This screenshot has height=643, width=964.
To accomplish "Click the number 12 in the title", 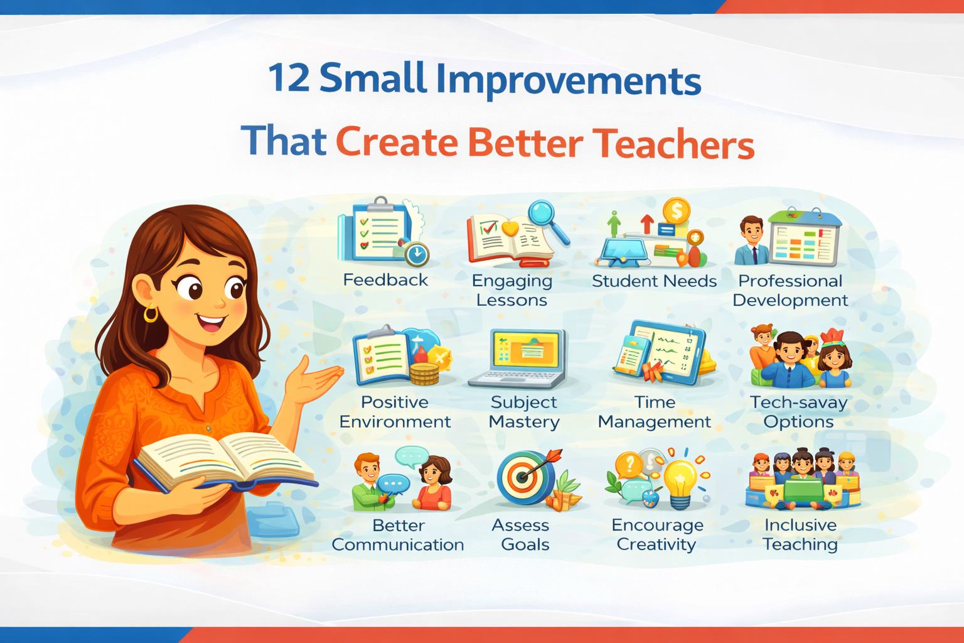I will pos(289,78).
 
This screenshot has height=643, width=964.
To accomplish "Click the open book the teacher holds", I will pos(226,462).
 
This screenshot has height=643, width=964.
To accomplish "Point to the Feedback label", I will pos(385,280).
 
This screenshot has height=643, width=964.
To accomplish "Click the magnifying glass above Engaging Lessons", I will pos(545,217).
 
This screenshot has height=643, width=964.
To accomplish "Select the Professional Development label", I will pos(790,290).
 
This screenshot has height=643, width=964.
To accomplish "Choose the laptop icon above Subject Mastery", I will pos(520,358).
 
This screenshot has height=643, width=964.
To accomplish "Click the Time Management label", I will pos(655,412).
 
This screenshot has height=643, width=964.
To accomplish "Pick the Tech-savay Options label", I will pos(798,412).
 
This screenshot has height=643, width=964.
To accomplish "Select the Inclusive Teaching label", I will pos(800,534).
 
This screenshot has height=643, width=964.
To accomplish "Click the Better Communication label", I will pos(398,535).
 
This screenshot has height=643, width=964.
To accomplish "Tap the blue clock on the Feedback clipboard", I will pos(416,254).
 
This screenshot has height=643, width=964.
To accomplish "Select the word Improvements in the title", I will pos(568,80).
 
